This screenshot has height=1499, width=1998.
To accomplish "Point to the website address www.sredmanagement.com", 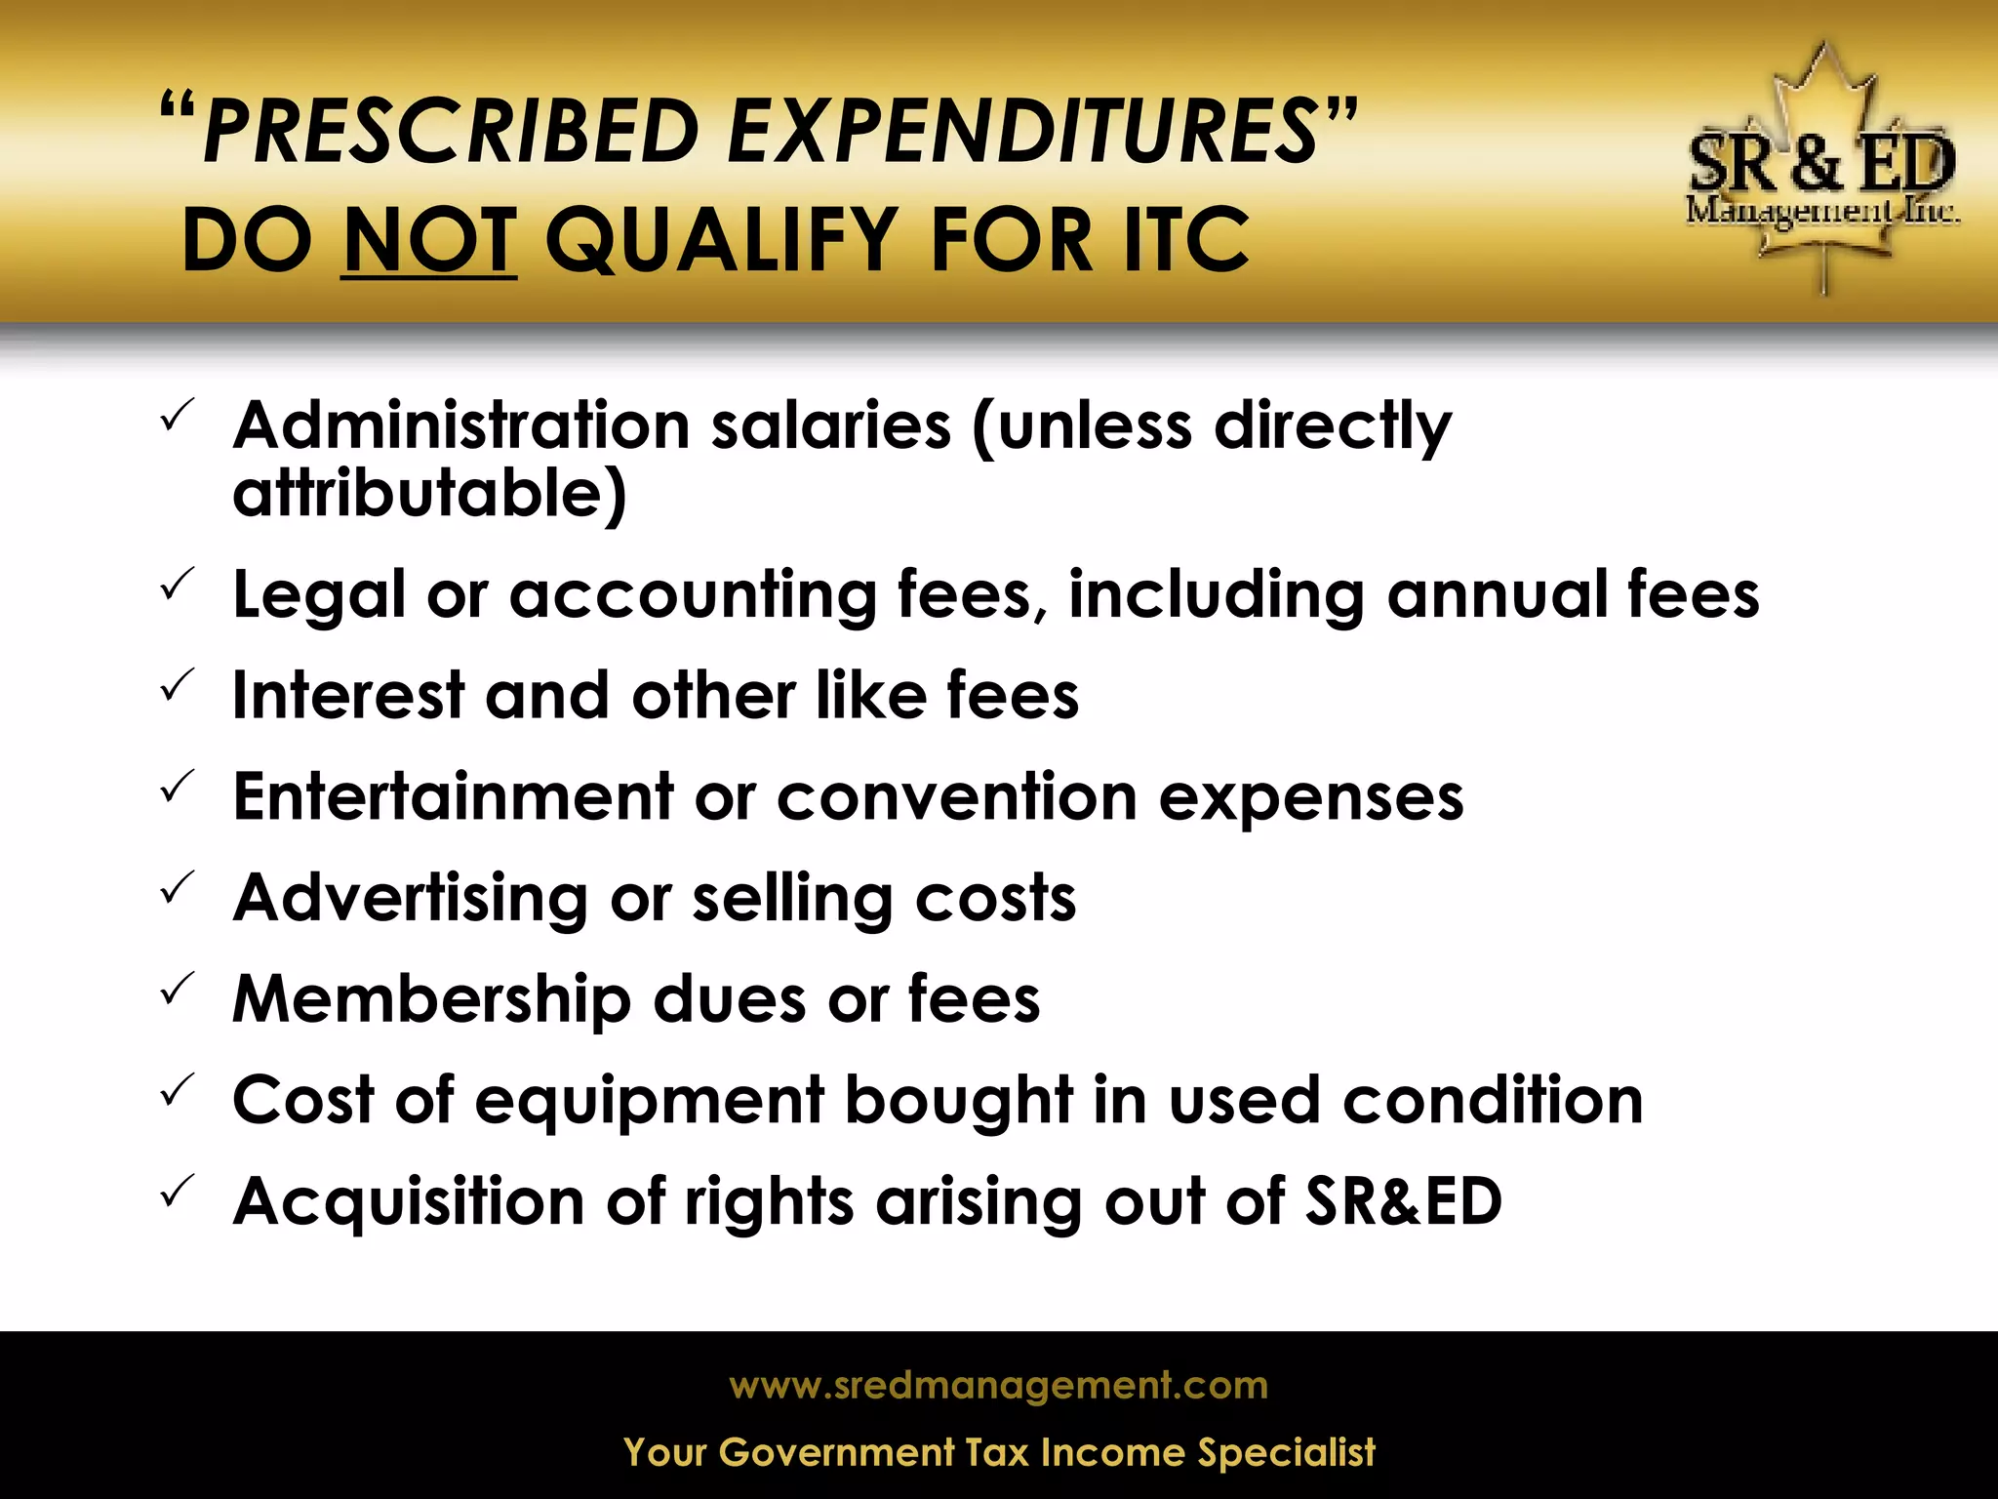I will click(x=998, y=1386).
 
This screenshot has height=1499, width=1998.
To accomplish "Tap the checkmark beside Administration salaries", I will click(x=177, y=415).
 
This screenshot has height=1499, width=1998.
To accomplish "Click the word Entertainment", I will click(x=454, y=796).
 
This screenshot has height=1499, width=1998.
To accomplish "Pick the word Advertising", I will click(x=411, y=898).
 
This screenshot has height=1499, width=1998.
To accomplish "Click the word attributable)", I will click(x=429, y=493).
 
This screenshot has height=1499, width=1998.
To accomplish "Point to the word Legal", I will click(x=318, y=595).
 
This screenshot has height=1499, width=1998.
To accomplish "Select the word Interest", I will click(x=347, y=695).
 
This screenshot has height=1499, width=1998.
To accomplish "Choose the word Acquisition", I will click(x=409, y=1200).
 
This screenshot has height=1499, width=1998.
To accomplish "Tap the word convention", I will click(x=956, y=796).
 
